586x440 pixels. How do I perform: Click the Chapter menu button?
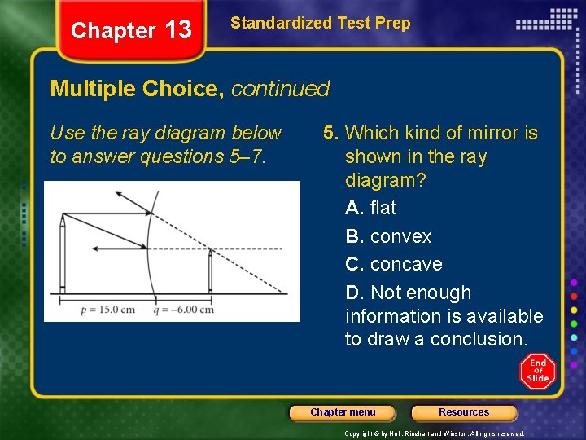(343, 413)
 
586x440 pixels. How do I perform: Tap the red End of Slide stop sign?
(538, 372)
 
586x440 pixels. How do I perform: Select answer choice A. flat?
(370, 209)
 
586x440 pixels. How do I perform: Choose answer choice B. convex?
(388, 237)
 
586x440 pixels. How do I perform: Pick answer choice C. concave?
(394, 265)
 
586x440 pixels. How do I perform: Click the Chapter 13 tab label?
(131, 31)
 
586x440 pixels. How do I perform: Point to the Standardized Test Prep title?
(320, 24)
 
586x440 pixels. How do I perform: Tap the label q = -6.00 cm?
(186, 310)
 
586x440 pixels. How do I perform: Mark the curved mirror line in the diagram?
(147, 244)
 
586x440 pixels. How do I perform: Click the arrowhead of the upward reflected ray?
(120, 195)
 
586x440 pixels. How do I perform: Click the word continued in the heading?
(280, 89)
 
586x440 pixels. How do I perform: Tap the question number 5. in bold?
(331, 133)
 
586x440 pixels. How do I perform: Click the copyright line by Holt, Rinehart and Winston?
(434, 434)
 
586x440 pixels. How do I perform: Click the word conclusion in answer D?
(482, 340)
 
